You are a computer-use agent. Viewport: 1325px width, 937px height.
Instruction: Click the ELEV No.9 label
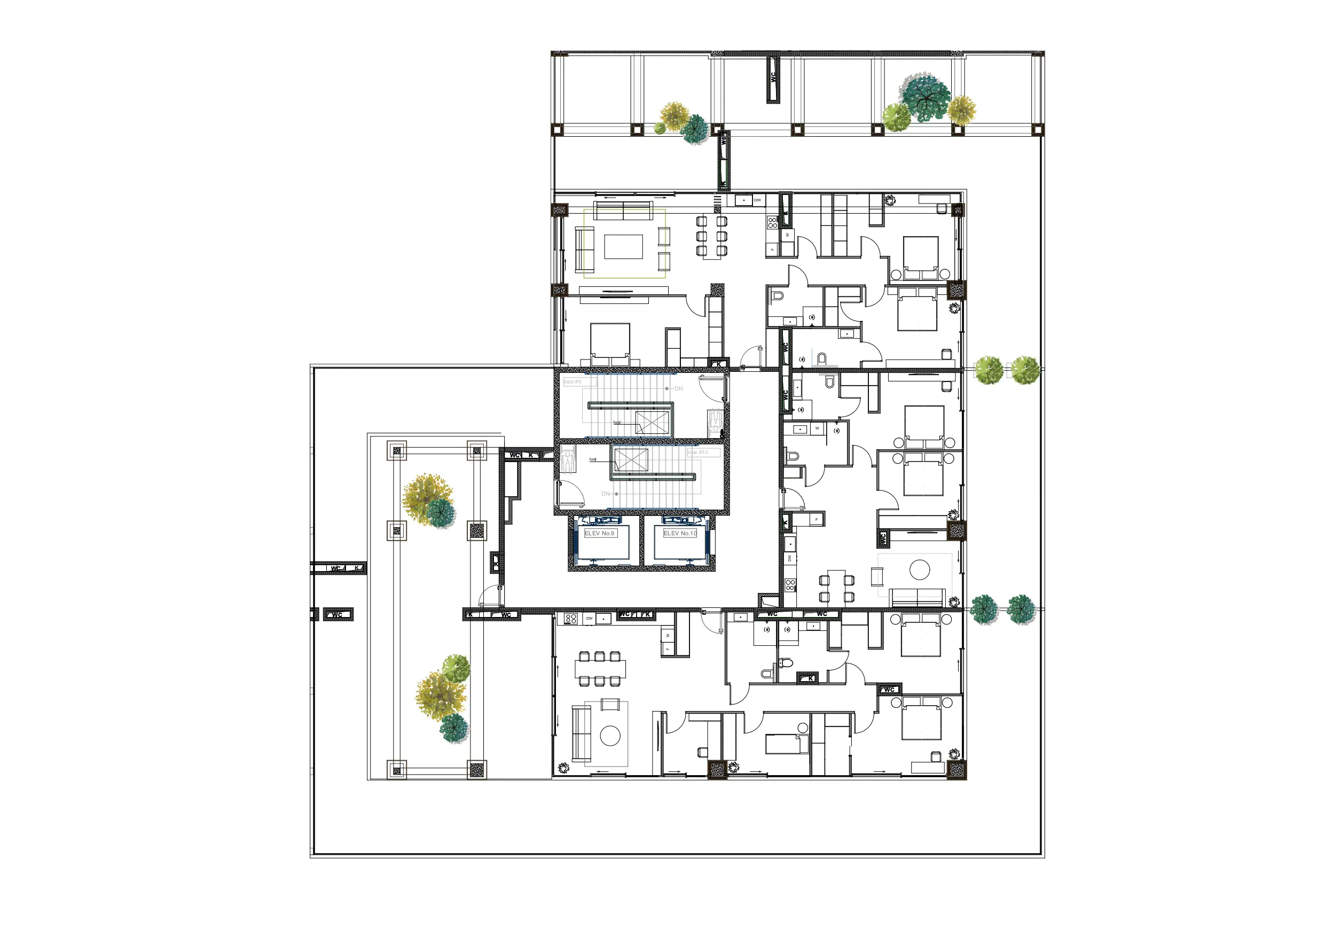[599, 533]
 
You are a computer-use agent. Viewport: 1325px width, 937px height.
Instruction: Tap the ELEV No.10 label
[680, 533]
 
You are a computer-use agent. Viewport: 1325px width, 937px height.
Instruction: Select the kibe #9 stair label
[573, 381]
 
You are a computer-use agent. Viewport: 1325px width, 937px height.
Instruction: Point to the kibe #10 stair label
[697, 452]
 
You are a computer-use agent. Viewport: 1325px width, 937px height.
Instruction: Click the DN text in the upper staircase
[679, 388]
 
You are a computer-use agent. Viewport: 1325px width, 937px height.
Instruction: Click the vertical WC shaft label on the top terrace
[773, 79]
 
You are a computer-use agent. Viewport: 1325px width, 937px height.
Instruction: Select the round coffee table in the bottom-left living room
[610, 736]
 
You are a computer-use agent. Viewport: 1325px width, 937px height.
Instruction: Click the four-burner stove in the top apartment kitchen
[772, 222]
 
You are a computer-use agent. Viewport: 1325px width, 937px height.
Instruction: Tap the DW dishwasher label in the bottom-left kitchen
[589, 618]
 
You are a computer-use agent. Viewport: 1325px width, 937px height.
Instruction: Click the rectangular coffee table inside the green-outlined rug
[623, 246]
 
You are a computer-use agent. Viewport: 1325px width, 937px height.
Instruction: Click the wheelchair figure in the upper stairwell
[716, 421]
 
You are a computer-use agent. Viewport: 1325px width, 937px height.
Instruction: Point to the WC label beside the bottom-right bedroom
[889, 689]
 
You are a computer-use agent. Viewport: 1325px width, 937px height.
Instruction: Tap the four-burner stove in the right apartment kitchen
[790, 585]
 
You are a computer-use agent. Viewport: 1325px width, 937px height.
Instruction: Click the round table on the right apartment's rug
[919, 570]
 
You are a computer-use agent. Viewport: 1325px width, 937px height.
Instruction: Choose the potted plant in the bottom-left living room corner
[563, 767]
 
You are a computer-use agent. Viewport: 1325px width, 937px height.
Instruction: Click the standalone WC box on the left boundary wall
[338, 614]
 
